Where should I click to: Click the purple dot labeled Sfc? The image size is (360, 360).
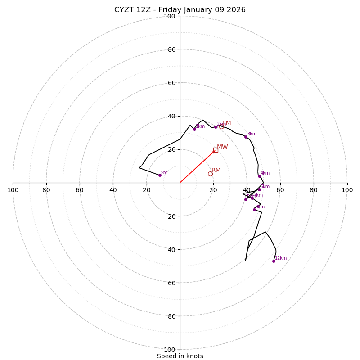160,175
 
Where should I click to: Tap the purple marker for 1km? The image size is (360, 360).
194,129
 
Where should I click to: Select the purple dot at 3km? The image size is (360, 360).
246,137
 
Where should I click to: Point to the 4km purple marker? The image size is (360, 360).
260,176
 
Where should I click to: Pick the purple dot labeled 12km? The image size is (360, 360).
274,261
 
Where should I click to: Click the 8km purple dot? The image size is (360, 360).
254,210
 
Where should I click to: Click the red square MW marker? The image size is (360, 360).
216,150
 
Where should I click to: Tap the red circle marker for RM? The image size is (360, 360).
210,174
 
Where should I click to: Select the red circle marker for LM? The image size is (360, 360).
221,126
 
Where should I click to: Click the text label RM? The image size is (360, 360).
216,170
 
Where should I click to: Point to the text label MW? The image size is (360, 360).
222,147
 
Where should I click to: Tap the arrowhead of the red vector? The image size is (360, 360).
214,151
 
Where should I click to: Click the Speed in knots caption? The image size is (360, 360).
180,356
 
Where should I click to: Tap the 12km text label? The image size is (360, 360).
281,258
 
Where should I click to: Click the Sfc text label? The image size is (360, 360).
164,173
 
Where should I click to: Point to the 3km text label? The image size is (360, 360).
252,134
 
